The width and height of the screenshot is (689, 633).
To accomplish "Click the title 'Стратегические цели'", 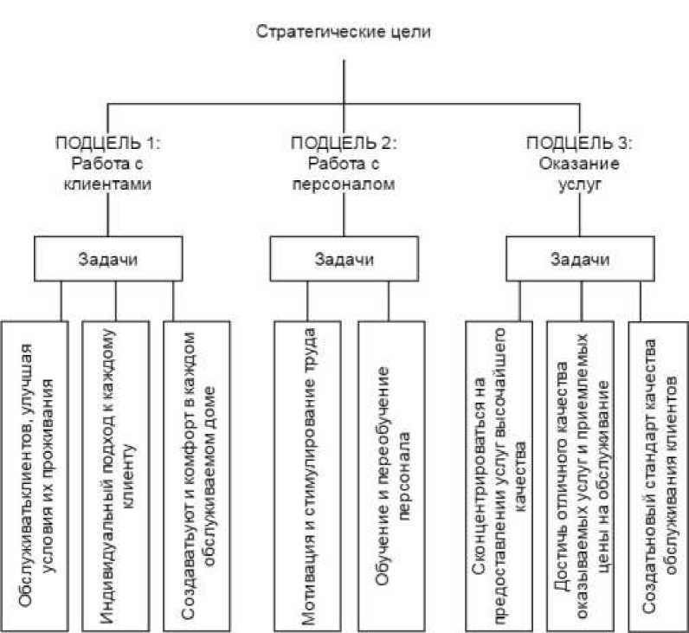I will tap(344, 34).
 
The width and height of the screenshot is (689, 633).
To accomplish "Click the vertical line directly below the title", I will tap(344, 82).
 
